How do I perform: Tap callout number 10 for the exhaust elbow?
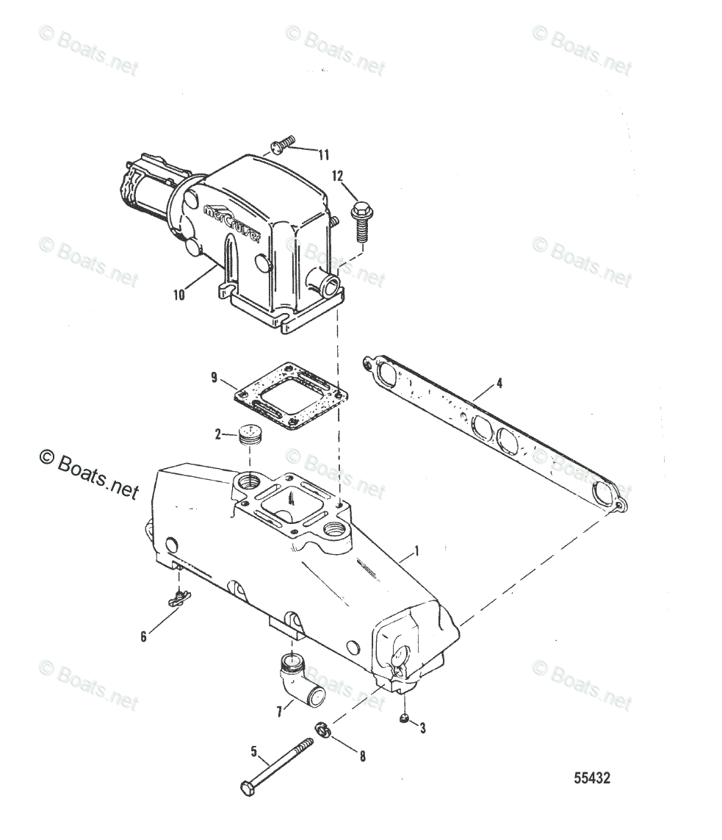point(179,296)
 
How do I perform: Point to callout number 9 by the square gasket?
point(214,378)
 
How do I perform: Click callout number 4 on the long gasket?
point(499,382)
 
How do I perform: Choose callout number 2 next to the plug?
point(217,434)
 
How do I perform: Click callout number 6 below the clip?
point(143,636)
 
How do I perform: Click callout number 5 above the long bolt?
point(254,751)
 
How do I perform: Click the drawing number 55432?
point(591,778)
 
